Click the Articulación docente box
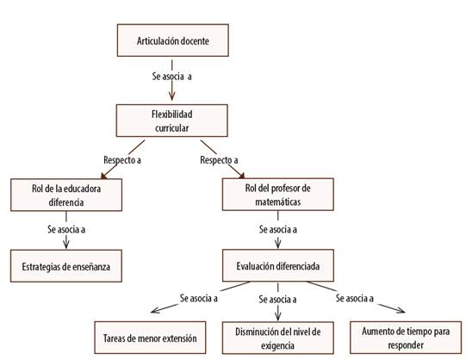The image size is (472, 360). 171,40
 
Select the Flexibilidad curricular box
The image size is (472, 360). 171,120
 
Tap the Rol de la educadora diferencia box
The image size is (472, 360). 65,194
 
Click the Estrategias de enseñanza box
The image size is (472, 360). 65,266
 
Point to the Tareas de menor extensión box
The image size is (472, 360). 152,338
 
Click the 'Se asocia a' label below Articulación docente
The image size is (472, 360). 171,77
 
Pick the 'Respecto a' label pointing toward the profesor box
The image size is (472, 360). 219,159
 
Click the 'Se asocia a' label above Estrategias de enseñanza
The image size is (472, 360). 64,230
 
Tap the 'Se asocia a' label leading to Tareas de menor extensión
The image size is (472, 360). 199,298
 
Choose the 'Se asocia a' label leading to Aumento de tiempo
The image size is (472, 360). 354,298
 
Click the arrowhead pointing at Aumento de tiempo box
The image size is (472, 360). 401,313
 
